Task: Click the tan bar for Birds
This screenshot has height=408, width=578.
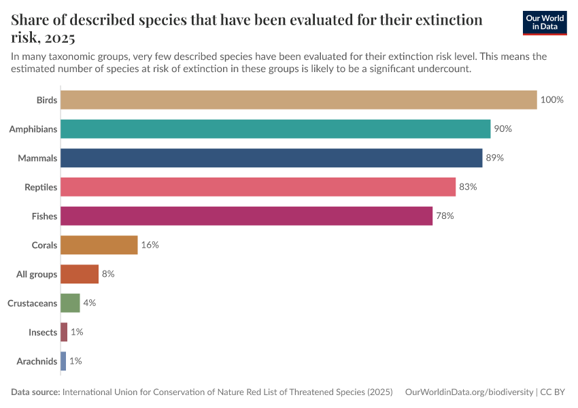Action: click(x=299, y=100)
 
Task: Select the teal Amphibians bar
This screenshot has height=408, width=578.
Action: click(x=275, y=129)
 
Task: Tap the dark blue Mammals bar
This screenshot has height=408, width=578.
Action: click(x=271, y=158)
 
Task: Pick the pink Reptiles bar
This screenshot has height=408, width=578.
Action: click(x=258, y=187)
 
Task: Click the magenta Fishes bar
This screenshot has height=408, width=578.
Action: click(x=246, y=216)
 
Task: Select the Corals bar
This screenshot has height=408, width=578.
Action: click(x=99, y=245)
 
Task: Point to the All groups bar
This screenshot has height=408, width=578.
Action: click(x=80, y=274)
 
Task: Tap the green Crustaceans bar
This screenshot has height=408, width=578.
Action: click(x=70, y=303)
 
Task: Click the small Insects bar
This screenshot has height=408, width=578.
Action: click(x=64, y=332)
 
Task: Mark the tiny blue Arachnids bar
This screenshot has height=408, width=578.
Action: click(x=63, y=361)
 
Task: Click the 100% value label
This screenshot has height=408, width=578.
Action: click(x=551, y=100)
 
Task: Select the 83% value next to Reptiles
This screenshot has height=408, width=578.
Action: click(x=468, y=187)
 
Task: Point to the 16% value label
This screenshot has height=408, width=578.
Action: click(x=150, y=245)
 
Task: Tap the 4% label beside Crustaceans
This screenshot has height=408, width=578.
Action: click(x=89, y=303)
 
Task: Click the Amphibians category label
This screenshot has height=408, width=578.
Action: click(x=33, y=129)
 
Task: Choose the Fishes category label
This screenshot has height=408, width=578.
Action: click(x=44, y=216)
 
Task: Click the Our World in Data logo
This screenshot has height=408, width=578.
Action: click(x=544, y=22)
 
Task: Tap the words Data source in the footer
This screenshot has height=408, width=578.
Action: click(x=35, y=392)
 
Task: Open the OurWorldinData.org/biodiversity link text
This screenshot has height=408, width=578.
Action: click(x=469, y=392)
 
